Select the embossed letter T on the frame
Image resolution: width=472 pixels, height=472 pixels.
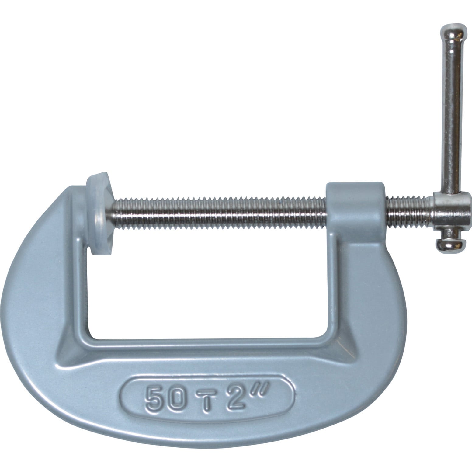(207, 401)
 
